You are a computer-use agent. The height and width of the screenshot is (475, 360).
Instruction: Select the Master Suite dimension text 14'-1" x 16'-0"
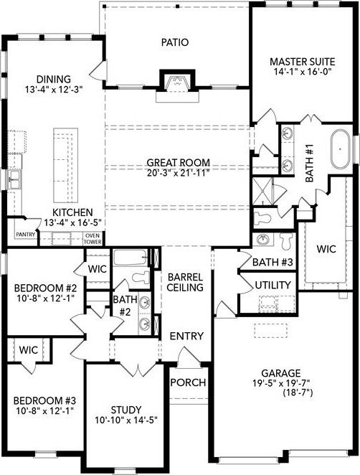coord(303,72)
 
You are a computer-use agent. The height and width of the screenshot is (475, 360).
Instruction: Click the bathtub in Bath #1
coord(340,149)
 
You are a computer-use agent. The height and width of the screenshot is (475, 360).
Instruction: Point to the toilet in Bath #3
coord(285,241)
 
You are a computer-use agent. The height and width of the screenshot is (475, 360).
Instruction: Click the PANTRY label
coord(25,235)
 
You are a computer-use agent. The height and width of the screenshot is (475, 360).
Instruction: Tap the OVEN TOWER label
coord(93,239)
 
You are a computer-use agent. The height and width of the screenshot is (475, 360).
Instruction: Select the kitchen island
coord(66,166)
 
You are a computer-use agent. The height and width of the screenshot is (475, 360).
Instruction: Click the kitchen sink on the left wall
coord(14,179)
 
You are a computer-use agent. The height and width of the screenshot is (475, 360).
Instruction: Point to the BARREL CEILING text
coord(185,282)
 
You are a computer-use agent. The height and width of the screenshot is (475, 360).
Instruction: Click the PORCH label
coord(188,382)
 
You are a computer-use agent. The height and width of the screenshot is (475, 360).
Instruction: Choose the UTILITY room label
coord(273,286)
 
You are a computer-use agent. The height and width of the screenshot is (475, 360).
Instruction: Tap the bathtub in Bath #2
coord(131,258)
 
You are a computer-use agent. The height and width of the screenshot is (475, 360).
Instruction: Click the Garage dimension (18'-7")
coord(298,392)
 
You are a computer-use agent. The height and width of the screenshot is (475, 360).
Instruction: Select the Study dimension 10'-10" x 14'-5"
coord(126,420)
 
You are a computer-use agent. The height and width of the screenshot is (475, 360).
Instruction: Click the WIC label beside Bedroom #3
coord(29,350)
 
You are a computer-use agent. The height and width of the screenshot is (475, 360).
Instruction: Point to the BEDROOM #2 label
coord(46,287)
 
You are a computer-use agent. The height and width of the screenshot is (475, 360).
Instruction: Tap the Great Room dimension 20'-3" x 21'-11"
coord(179,173)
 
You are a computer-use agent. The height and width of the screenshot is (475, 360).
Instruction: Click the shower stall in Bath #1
coord(262,190)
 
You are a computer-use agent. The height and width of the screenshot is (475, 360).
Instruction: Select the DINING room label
coord(54,80)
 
